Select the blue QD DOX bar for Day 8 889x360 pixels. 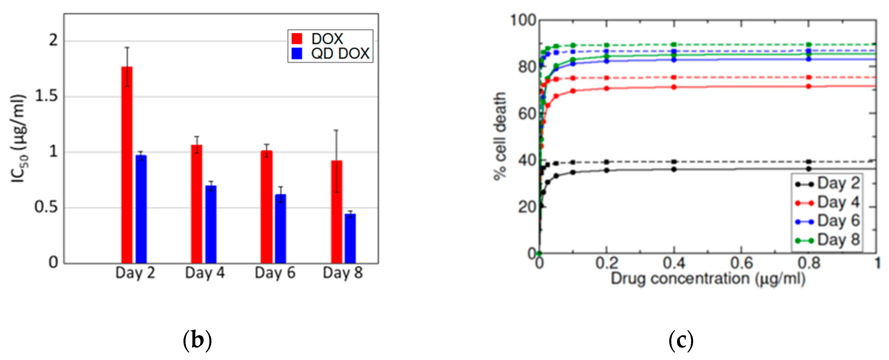tap(350, 239)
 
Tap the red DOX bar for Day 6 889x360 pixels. tap(266, 207)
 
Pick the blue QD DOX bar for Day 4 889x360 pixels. tap(211, 225)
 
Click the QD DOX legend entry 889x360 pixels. tap(340, 54)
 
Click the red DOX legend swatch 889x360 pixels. tap(297, 39)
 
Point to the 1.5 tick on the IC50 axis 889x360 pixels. tap(46, 96)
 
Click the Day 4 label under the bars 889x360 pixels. tap(205, 273)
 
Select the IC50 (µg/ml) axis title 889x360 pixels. tap(18, 138)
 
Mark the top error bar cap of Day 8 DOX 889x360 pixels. tap(336, 130)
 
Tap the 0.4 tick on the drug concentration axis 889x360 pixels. tap(674, 263)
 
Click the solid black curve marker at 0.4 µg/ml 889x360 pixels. tap(674, 169)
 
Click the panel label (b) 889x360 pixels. tap(197, 340)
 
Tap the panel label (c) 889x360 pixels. tap(681, 340)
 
